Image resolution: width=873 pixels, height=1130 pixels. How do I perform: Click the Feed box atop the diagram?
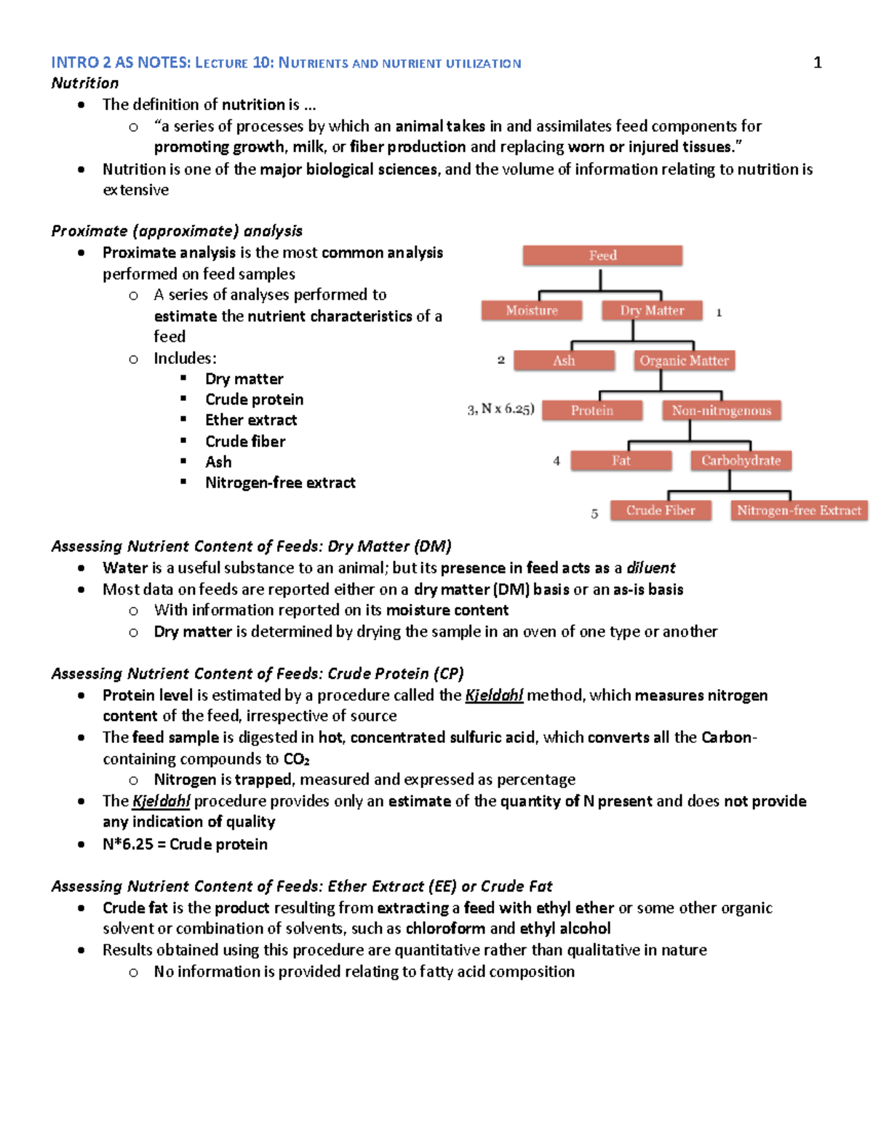point(602,255)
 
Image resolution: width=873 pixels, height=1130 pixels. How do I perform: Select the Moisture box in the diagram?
point(532,311)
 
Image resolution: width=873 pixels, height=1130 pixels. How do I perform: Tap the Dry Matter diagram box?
point(652,311)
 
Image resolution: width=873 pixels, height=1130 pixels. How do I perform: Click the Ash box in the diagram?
point(564,361)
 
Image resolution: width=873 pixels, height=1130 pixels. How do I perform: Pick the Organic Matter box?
point(684,361)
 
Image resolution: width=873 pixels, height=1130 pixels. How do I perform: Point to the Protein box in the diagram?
point(592,411)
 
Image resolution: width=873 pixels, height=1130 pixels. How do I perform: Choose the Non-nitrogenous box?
point(721,411)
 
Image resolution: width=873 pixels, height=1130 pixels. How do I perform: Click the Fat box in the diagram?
point(621,461)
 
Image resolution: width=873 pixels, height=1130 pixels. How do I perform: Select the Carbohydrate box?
point(741,461)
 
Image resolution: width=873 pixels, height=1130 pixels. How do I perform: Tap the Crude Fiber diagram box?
point(660,511)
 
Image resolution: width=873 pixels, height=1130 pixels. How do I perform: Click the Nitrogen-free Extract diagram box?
point(799,511)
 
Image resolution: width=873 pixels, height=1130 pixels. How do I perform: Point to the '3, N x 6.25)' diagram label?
point(501,410)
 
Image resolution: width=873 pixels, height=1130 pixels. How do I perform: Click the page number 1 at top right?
point(817,63)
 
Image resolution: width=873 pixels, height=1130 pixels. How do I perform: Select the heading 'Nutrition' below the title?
point(84,83)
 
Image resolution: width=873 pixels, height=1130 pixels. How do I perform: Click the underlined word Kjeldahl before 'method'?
point(494,696)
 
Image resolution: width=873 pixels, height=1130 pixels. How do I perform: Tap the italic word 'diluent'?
point(651,568)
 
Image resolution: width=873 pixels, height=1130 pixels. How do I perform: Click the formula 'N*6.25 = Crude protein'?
point(185,844)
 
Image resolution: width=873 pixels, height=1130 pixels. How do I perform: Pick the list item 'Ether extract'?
point(251,421)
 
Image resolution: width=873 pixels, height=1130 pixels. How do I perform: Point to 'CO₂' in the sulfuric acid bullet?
point(296,759)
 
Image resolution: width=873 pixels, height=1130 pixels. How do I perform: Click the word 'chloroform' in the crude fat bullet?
point(445,928)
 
